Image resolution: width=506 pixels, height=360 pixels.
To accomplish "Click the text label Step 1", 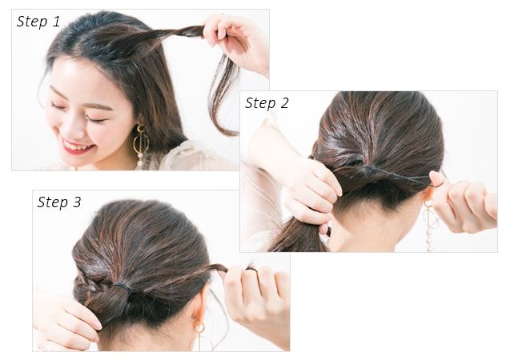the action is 38,22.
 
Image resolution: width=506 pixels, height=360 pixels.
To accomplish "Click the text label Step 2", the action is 267,103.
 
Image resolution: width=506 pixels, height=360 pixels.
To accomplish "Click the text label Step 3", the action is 59,202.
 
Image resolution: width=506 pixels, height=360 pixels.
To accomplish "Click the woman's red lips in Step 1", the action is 78,146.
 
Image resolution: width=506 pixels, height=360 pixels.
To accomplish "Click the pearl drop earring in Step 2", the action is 431,222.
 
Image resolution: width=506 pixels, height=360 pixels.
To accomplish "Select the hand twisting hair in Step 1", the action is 237,43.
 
